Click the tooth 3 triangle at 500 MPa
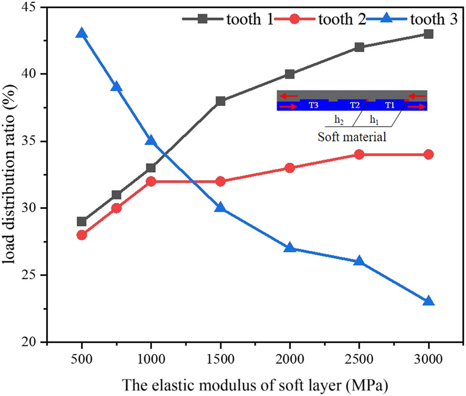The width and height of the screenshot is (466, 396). tap(82, 33)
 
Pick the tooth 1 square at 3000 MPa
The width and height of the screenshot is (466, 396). tap(428, 34)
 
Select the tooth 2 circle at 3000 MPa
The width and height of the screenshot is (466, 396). tap(428, 154)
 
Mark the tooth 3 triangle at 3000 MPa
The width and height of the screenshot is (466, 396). tap(428, 301)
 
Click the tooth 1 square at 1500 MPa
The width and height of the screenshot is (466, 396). tap(220, 101)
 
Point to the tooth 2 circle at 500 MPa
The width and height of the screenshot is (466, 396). tap(82, 235)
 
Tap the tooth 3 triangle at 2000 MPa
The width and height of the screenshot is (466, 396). tap(290, 248)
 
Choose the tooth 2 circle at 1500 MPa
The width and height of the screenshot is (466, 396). tap(220, 182)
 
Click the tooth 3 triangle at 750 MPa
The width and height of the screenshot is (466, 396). tap(116, 87)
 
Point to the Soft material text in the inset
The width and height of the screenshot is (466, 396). tap(352, 137)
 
